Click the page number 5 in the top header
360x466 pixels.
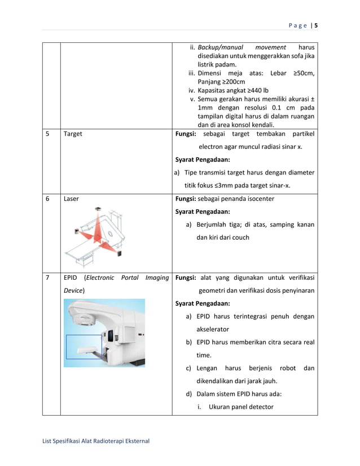(x=316, y=25)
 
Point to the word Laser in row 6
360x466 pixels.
(x=71, y=199)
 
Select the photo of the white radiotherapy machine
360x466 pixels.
(x=104, y=333)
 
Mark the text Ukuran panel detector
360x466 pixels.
(x=240, y=407)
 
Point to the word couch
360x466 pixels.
(x=240, y=238)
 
